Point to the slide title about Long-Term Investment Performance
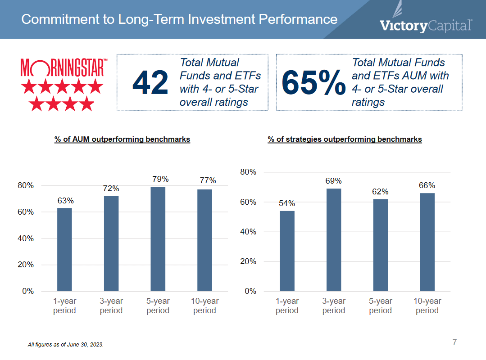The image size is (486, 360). (x=179, y=19)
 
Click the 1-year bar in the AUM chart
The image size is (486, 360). (x=64, y=249)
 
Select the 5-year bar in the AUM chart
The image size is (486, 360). (x=158, y=238)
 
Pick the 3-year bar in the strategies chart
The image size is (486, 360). (x=334, y=239)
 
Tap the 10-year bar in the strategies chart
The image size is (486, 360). (x=427, y=242)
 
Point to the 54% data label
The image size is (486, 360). (x=287, y=203)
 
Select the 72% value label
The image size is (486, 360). (x=111, y=188)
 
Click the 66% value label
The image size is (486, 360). (x=427, y=185)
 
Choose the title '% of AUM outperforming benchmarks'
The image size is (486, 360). (x=122, y=139)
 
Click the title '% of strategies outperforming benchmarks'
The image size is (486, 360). (x=345, y=139)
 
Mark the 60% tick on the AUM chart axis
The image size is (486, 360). (x=26, y=212)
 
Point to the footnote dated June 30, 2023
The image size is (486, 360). (x=66, y=345)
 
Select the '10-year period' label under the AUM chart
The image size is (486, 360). (x=205, y=306)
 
